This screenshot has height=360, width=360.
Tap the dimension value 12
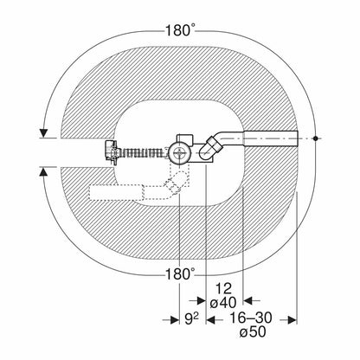(x=224, y=288)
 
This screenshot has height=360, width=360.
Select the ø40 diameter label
(x=223, y=303)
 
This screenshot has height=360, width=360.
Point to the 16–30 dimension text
(x=251, y=318)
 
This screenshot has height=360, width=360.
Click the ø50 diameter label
(x=253, y=332)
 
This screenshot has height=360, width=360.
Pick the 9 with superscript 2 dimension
(x=191, y=318)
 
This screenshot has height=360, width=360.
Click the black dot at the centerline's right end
(x=316, y=138)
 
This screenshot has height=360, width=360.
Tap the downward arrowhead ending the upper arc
(x=43, y=133)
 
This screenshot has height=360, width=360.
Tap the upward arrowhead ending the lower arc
(x=43, y=172)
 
